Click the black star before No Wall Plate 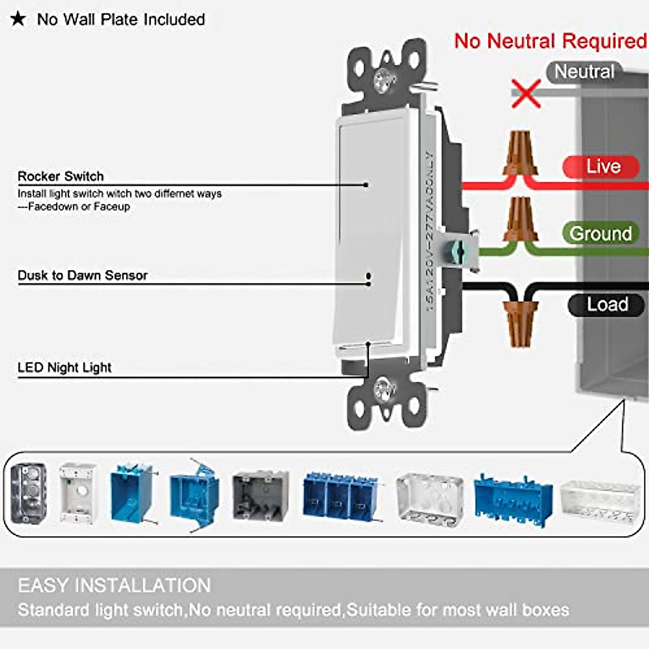click(x=18, y=19)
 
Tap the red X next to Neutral click(x=526, y=93)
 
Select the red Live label click(x=602, y=166)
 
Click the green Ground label click(x=600, y=233)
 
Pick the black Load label click(x=607, y=304)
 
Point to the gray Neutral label click(x=584, y=72)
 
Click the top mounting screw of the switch click(x=385, y=80)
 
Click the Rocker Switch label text click(x=61, y=176)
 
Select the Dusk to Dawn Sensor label click(x=82, y=275)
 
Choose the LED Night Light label click(x=64, y=368)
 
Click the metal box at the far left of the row click(x=28, y=493)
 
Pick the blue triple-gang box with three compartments click(x=340, y=496)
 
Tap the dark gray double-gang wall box click(x=260, y=494)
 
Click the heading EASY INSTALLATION click(x=114, y=585)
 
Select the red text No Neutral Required click(x=550, y=41)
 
